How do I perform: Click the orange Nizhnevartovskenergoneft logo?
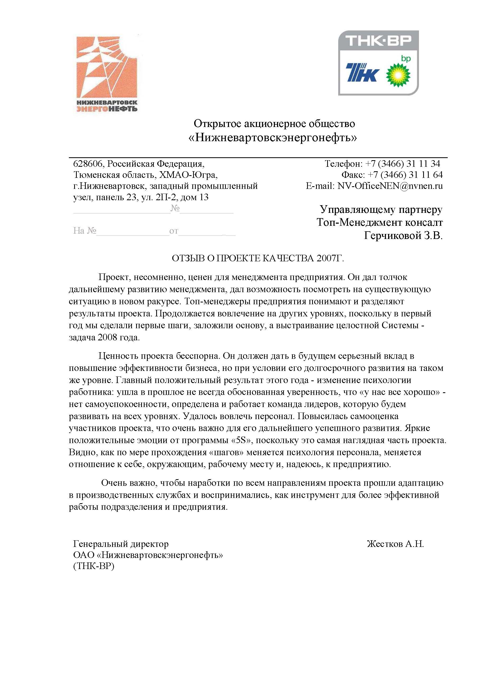pyautogui.click(x=107, y=74)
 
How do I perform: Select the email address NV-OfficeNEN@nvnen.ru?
pyautogui.click(x=390, y=186)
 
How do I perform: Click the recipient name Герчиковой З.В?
pyautogui.click(x=403, y=236)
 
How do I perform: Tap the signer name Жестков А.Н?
pyautogui.click(x=395, y=544)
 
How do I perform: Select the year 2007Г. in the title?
pyautogui.click(x=330, y=258)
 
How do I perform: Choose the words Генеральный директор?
pyautogui.click(x=121, y=544)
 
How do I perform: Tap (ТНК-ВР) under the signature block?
pyautogui.click(x=94, y=566)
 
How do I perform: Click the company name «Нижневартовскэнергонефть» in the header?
pyautogui.click(x=273, y=138)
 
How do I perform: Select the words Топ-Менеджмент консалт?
pyautogui.click(x=379, y=222)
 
